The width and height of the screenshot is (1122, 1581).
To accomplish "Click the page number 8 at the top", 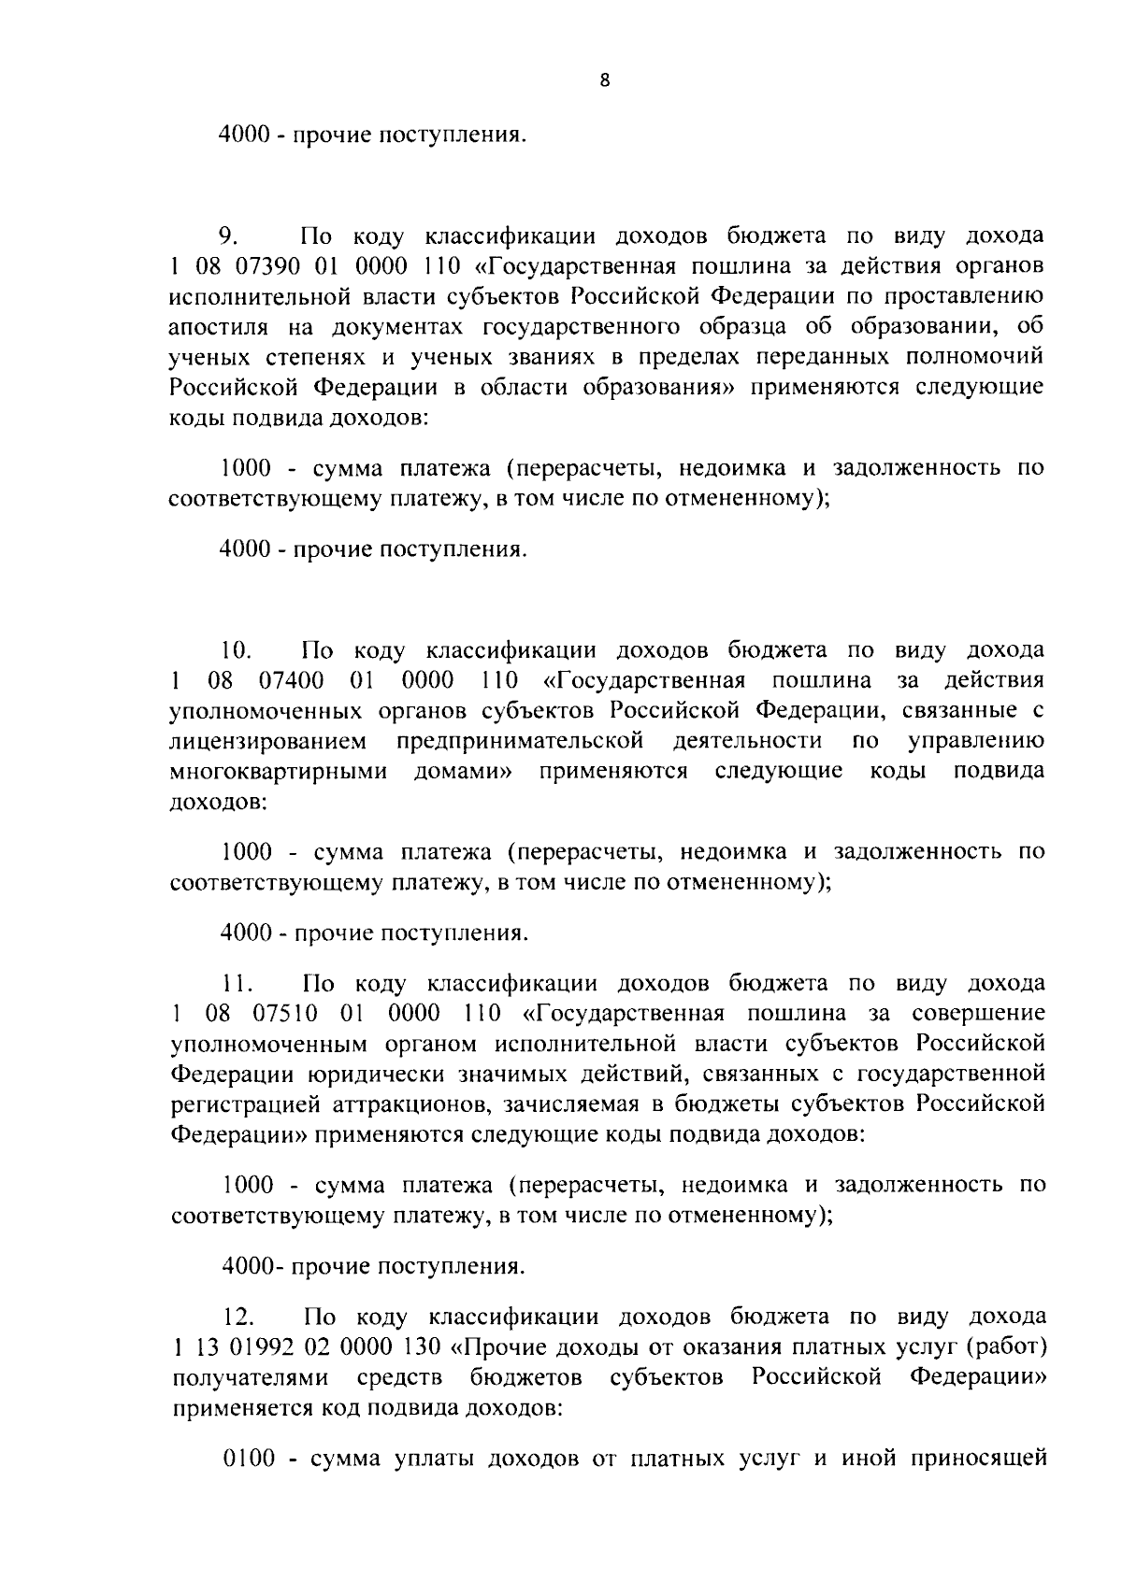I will [x=604, y=81].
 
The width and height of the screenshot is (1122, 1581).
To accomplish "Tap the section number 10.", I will [x=237, y=650].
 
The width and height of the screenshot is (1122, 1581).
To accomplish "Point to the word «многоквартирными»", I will [x=279, y=773].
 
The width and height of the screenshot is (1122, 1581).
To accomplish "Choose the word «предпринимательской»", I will [x=521, y=742].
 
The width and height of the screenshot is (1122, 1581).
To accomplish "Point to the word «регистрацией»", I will [x=246, y=1105].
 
